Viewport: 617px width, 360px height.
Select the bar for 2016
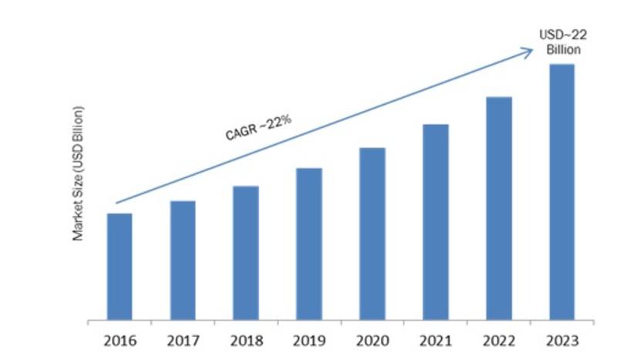(120, 266)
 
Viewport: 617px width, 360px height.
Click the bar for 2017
(183, 260)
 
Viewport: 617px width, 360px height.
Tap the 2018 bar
(245, 252)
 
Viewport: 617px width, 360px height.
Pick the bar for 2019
(308, 244)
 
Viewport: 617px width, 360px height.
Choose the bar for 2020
(372, 233)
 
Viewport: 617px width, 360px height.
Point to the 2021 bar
(435, 221)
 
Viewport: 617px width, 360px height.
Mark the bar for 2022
(498, 208)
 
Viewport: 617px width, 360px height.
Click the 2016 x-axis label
(120, 340)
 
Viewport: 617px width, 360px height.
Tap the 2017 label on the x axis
(183, 340)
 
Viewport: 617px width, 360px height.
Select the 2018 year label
(245, 340)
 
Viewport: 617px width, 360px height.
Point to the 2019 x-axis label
(308, 340)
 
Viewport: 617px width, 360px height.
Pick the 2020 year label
(372, 340)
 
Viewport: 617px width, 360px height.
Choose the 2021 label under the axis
(435, 340)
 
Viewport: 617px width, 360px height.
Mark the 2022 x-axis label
(498, 340)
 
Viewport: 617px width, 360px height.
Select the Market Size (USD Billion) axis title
(78, 183)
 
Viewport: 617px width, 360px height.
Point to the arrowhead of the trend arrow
(529, 52)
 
